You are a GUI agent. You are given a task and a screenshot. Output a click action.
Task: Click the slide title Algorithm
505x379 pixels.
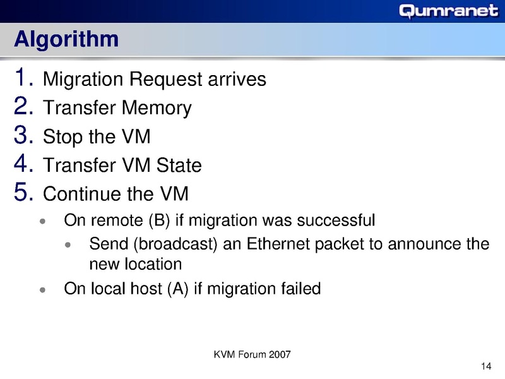pos(66,39)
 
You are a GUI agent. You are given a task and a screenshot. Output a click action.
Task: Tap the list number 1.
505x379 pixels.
pos(23,78)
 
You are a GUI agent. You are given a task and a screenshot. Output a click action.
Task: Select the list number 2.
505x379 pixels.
pos(23,107)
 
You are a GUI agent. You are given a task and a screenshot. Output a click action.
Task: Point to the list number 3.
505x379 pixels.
pos(23,136)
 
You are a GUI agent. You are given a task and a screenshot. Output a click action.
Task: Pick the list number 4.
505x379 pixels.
pos(23,164)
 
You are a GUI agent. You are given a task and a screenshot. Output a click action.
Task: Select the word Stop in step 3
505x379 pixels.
pos(62,137)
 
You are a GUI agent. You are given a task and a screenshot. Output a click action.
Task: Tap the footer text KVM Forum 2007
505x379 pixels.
pos(252,355)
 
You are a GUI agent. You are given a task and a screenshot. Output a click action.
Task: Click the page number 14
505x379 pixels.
pos(486,368)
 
